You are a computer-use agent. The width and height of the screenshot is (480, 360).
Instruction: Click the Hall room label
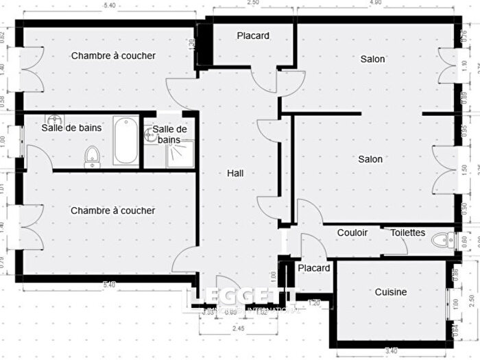tap(236, 173)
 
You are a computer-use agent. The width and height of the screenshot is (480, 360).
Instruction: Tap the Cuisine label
tap(390, 292)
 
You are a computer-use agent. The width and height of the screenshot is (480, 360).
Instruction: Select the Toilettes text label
tap(408, 232)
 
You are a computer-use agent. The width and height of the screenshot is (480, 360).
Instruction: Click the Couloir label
tap(352, 232)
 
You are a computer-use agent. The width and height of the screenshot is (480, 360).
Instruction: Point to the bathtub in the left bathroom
tap(125, 141)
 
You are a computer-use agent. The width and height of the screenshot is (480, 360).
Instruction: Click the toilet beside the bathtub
tap(92, 158)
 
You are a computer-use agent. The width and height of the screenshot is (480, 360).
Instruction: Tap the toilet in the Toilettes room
tap(444, 241)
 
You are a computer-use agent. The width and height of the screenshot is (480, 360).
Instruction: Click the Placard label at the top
tap(253, 36)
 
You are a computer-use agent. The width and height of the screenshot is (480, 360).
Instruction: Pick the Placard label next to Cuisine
tap(314, 267)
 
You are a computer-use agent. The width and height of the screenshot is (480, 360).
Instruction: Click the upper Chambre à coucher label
tap(113, 56)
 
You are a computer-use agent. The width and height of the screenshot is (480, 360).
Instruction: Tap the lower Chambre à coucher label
tap(112, 211)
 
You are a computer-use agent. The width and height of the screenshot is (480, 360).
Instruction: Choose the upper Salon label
tap(372, 59)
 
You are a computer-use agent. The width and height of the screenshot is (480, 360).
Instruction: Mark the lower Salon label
tap(370, 159)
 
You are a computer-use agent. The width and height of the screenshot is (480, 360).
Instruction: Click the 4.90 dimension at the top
tap(374, 3)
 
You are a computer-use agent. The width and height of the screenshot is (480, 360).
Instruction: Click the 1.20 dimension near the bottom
tap(314, 302)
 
